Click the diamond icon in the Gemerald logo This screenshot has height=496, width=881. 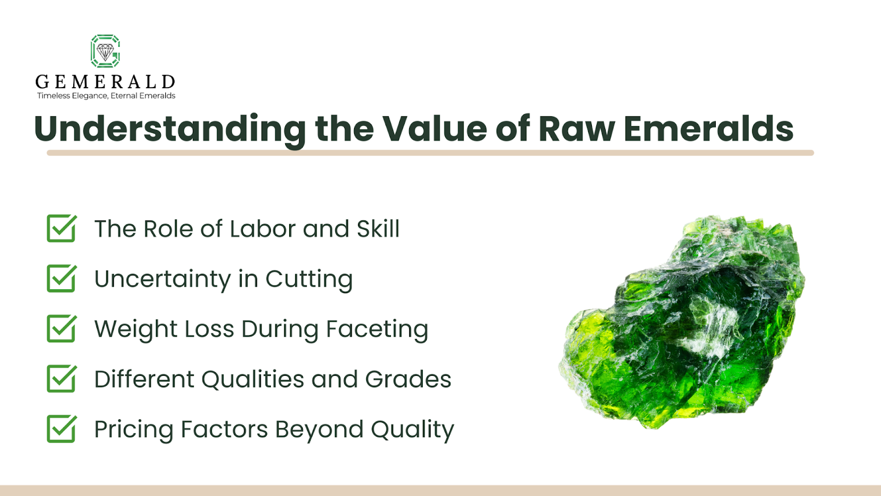pyautogui.click(x=105, y=52)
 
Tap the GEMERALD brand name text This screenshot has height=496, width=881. pyautogui.click(x=105, y=82)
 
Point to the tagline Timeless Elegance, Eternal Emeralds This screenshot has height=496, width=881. pyautogui.click(x=106, y=96)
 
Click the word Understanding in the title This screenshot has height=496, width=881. pyautogui.click(x=170, y=129)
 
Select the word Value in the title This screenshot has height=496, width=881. pyautogui.click(x=435, y=129)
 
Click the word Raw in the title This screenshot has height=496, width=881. pyautogui.click(x=576, y=129)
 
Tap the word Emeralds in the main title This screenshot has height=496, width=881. pyautogui.click(x=708, y=129)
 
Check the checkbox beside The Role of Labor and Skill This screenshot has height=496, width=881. pyautogui.click(x=61, y=229)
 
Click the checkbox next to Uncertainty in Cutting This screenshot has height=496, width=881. pyautogui.click(x=61, y=279)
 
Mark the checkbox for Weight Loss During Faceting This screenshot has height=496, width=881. pyautogui.click(x=61, y=329)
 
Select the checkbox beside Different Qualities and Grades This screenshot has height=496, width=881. pyautogui.click(x=61, y=379)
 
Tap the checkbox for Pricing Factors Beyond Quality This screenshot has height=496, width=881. pyautogui.click(x=61, y=429)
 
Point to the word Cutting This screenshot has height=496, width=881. pyautogui.click(x=309, y=279)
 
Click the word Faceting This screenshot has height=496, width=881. pyautogui.click(x=377, y=330)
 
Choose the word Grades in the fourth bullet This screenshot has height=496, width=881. pyautogui.click(x=408, y=379)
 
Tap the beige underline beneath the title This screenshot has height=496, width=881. pyautogui.click(x=430, y=153)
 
